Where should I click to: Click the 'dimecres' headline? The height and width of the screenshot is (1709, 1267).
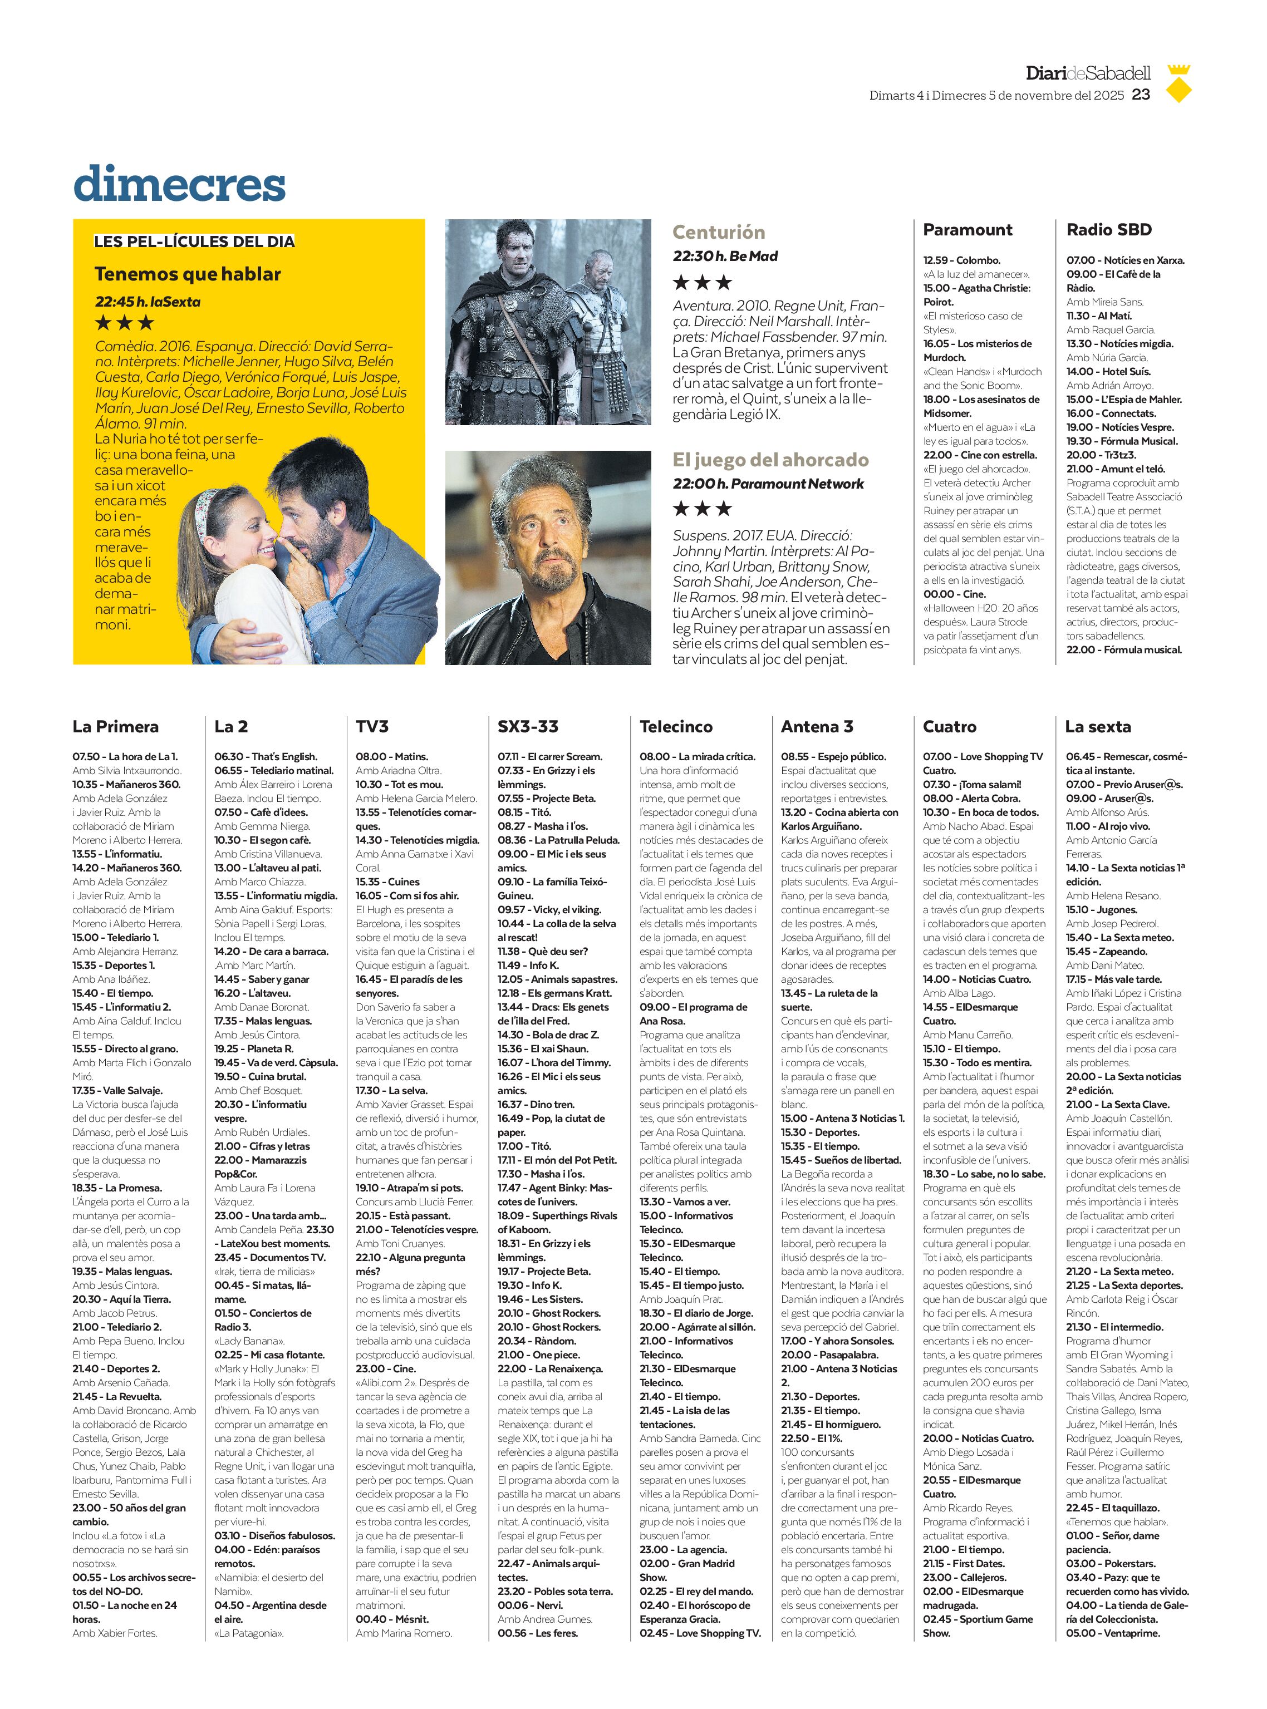coord(179,184)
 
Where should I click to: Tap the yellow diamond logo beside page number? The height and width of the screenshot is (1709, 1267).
coord(1177,85)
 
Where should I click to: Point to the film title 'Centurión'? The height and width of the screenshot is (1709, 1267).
coord(719,232)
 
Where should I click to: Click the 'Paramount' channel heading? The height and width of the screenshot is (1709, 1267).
coord(967,230)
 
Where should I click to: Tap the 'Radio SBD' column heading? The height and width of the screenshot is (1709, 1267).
coord(1108,230)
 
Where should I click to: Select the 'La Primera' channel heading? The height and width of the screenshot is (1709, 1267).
coord(116,726)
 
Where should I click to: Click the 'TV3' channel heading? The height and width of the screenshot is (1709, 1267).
coord(372,726)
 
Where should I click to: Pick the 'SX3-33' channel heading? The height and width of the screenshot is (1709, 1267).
coord(528,726)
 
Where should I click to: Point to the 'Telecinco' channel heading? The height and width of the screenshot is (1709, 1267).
coord(676,726)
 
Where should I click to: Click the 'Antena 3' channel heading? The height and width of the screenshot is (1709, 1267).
coord(817,726)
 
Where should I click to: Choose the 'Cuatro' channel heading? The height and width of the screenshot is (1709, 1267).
coord(950,726)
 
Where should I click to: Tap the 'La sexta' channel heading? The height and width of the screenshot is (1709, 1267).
coord(1098,726)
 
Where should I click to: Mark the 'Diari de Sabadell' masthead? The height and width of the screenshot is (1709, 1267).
coord(1088,73)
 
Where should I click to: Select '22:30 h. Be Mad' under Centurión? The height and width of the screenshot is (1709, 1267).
coord(725,256)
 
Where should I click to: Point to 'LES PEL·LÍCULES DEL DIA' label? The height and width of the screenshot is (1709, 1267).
coord(194,242)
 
